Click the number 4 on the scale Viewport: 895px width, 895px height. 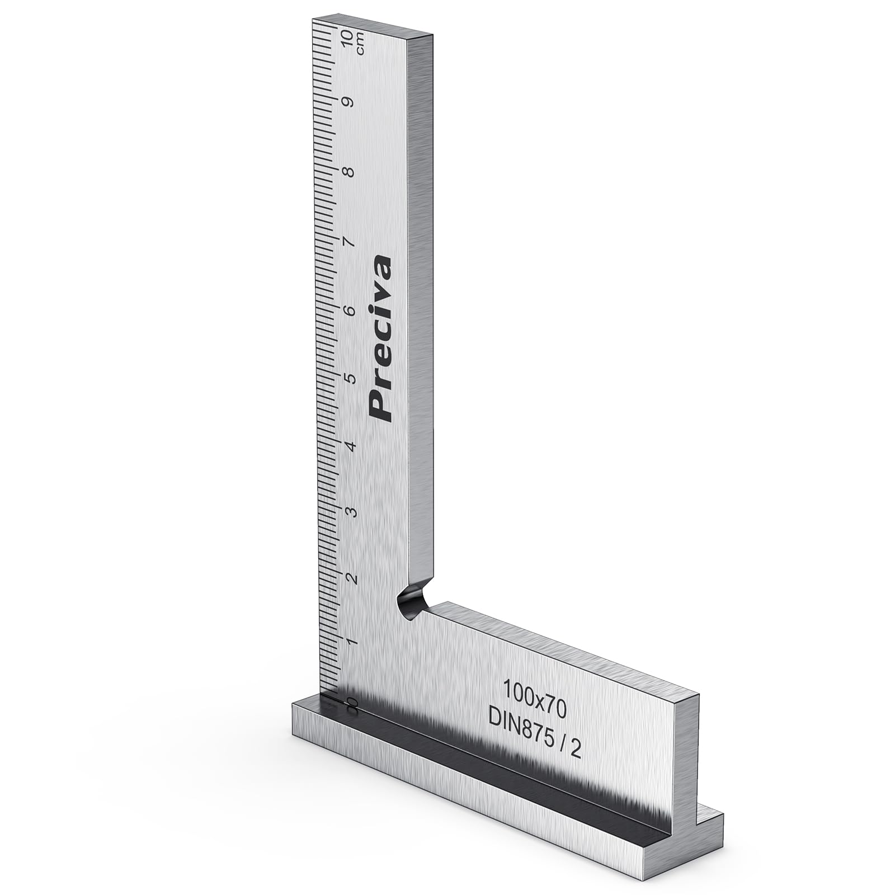coord(351,446)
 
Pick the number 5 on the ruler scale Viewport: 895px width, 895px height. coord(351,379)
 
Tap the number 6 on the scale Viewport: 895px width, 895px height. coord(351,311)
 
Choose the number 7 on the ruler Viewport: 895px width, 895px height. coord(351,242)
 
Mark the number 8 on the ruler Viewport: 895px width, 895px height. coord(351,172)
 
